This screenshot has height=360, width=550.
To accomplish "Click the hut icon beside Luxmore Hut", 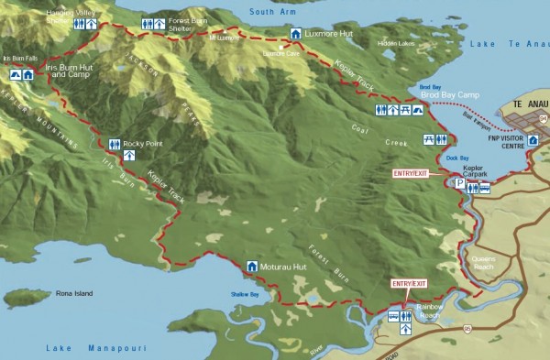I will coord(295,34).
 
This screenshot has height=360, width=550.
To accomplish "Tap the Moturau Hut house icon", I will coord(252,267).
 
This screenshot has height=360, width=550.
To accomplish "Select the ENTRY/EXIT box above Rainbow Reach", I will coord(409,284).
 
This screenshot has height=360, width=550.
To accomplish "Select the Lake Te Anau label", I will coord(506,44).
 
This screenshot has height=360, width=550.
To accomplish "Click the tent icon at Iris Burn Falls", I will coord(15,74).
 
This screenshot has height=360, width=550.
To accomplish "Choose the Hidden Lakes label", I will coord(395,43).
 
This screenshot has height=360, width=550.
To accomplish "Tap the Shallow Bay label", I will coord(244,295).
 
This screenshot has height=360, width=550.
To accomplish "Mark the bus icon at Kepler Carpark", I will coord(485,189).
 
